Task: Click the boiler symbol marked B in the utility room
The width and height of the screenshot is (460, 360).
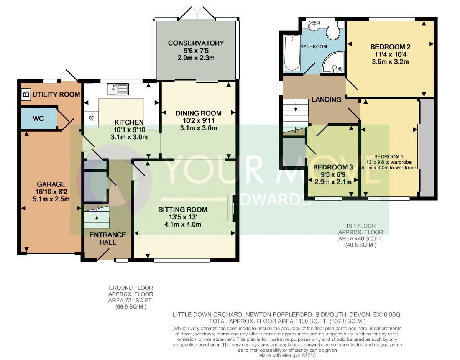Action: pos(26,94)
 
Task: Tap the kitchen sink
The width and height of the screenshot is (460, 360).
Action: pos(118,89)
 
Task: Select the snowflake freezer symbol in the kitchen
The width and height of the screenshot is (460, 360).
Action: pos(92,118)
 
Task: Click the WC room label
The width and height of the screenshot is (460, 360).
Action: pos(38,118)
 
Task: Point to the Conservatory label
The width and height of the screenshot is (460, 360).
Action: pos(196,43)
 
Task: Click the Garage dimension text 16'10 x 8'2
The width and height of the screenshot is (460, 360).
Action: pos(51,192)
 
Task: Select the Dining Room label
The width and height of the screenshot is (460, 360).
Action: pos(199,113)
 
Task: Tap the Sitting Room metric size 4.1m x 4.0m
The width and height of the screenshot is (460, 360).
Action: pos(183,224)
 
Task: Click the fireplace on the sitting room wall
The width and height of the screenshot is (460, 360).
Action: pos(231,208)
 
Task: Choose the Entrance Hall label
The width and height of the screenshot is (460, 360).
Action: pos(108,238)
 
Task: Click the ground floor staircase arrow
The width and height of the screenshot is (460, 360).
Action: pos(97,220)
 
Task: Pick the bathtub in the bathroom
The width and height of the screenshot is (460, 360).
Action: pos(292,53)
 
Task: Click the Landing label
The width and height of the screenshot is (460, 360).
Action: pos(327,99)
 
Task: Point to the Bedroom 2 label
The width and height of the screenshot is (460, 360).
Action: pos(390,47)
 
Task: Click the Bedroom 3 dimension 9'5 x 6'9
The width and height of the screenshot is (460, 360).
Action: pos(333,174)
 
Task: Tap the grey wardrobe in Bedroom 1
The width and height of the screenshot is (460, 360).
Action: pos(427,148)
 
